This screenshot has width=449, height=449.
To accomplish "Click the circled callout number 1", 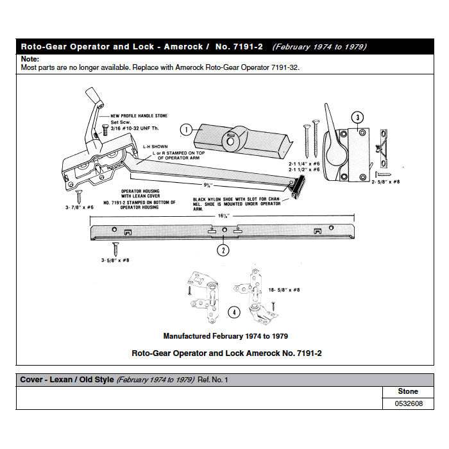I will point(185,129).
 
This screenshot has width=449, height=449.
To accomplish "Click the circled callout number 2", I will point(223,250).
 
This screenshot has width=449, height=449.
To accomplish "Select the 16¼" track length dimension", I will point(223,217).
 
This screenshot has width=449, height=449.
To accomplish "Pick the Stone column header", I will point(407,391).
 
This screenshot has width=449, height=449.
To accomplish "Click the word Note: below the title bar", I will point(31,59).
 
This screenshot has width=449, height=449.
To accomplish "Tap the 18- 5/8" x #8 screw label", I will point(284,291).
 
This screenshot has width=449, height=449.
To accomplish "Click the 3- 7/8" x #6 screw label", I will point(80,207).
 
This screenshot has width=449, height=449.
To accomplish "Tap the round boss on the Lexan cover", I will point(231,139).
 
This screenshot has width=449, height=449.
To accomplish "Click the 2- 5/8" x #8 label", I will point(387,183).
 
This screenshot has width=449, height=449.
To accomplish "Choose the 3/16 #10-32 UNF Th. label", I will point(135,127).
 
